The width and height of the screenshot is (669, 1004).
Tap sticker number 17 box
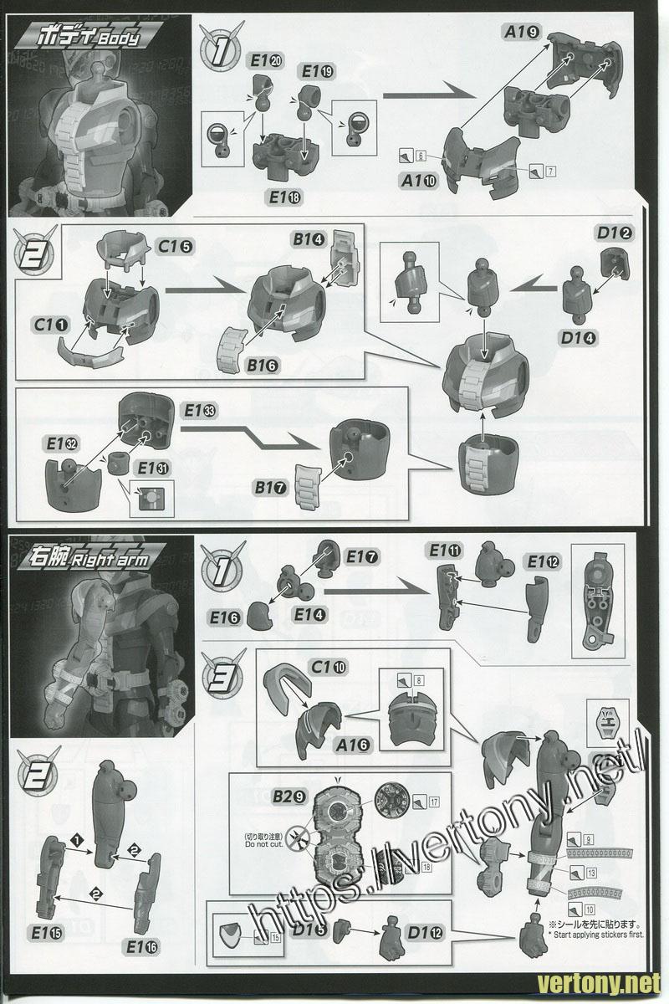point(434,802)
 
